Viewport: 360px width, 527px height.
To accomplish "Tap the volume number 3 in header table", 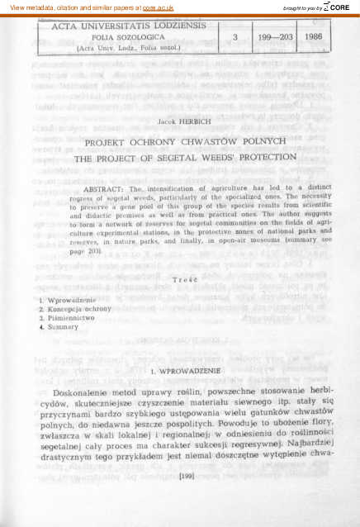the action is [236, 37].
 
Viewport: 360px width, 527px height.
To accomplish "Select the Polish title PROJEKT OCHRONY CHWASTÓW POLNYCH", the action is [179, 140].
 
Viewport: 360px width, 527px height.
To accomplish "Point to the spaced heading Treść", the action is [179, 280].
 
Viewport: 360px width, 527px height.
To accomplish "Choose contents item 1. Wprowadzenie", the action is [68, 299].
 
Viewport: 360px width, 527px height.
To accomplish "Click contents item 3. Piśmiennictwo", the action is [69, 317].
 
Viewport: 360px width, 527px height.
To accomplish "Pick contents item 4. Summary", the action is [58, 326].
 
